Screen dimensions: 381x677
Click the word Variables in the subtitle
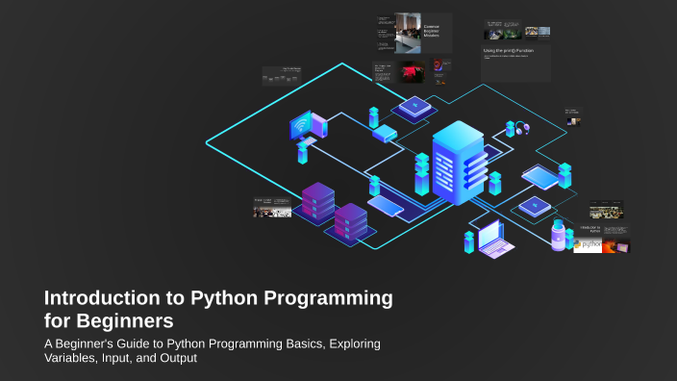(78, 360)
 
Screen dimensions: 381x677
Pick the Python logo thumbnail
(588, 246)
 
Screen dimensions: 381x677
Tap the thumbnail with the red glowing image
(413, 70)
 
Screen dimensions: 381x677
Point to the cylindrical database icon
(559, 235)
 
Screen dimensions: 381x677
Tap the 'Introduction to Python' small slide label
(589, 230)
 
